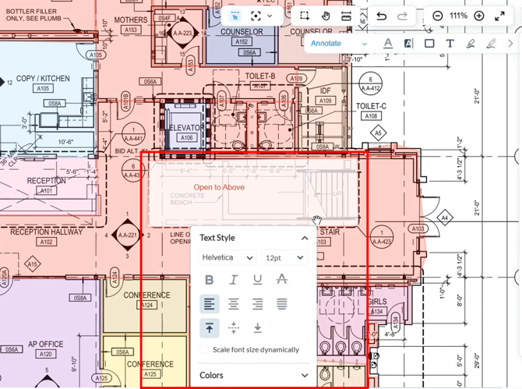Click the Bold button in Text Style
click(209, 280)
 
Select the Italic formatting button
click(233, 280)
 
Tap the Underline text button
click(257, 280)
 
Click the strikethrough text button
click(281, 280)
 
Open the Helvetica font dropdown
click(227, 257)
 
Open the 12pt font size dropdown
click(284, 257)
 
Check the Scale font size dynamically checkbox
click(205, 350)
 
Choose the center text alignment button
click(233, 304)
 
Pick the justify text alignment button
click(281, 304)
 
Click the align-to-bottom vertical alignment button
click(257, 328)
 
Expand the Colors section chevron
click(305, 375)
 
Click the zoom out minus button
click(438, 16)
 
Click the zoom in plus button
click(479, 16)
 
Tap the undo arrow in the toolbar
click(381, 16)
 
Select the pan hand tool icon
click(326, 16)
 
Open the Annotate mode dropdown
click(338, 44)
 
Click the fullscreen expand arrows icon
click(500, 16)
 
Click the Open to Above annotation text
click(219, 188)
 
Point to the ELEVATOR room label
click(186, 128)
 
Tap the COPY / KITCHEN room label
click(43, 79)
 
